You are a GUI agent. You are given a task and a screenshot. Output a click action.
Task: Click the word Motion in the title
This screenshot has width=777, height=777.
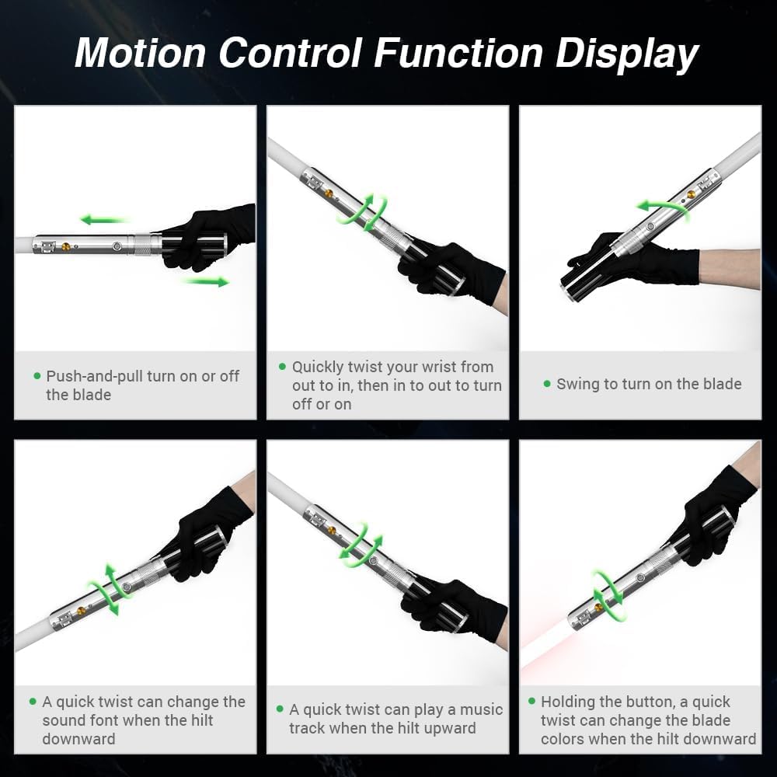coord(140,53)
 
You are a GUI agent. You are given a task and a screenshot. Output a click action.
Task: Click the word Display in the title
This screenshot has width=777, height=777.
coord(626,54)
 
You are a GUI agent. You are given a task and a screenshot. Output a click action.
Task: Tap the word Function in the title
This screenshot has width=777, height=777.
coord(458,53)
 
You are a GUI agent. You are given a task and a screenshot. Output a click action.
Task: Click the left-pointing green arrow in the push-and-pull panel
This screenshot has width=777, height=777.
coord(104,219)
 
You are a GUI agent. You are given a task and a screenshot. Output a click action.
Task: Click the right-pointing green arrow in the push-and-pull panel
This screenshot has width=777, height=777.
coord(207,281)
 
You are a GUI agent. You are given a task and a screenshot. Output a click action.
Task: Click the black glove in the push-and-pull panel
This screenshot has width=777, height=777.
coord(208,238)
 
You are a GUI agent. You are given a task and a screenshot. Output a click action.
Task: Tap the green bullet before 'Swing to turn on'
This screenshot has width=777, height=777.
coord(547,384)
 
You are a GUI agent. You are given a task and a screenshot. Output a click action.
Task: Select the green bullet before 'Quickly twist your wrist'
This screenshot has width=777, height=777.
coord(283,367)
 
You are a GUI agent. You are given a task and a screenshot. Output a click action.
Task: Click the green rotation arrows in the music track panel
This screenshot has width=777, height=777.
coord(361,545)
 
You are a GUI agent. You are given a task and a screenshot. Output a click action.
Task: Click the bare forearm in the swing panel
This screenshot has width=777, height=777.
coord(730,269)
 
